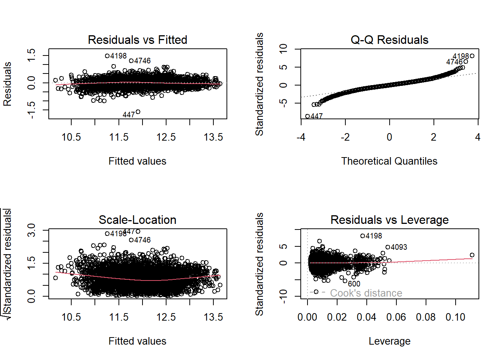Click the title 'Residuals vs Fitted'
[x=137, y=40]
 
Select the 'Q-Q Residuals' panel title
[x=389, y=40]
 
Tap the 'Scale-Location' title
[x=137, y=220]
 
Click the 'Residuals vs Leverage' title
[x=389, y=220]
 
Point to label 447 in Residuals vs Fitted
[x=129, y=115]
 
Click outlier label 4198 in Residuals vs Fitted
[x=118, y=56]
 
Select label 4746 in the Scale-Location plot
[x=142, y=240]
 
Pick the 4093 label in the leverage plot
[x=399, y=247]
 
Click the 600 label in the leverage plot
[x=354, y=284]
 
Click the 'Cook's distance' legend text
[x=366, y=293]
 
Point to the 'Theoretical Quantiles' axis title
[x=389, y=161]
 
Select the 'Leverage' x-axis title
[x=389, y=341]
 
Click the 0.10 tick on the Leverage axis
[x=455, y=317]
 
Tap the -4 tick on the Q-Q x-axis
[x=301, y=137]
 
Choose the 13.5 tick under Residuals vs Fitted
[x=213, y=137]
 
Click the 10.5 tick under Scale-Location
[x=71, y=317]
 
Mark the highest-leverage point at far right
[x=472, y=255]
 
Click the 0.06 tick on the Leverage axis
[x=396, y=317]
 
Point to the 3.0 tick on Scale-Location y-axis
[x=31, y=230]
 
